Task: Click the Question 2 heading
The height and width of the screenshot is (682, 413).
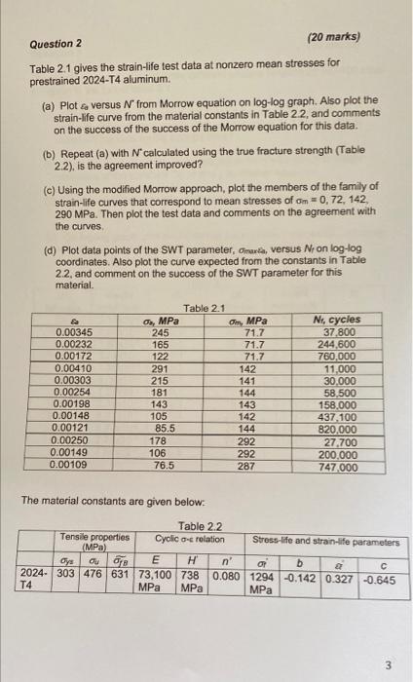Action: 55,44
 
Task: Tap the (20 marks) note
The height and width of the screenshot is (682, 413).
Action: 333,36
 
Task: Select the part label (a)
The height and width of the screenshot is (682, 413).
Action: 46,100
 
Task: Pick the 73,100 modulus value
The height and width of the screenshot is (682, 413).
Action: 150,575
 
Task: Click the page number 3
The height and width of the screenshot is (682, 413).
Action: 388,667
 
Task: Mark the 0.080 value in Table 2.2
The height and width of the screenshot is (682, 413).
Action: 227,575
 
